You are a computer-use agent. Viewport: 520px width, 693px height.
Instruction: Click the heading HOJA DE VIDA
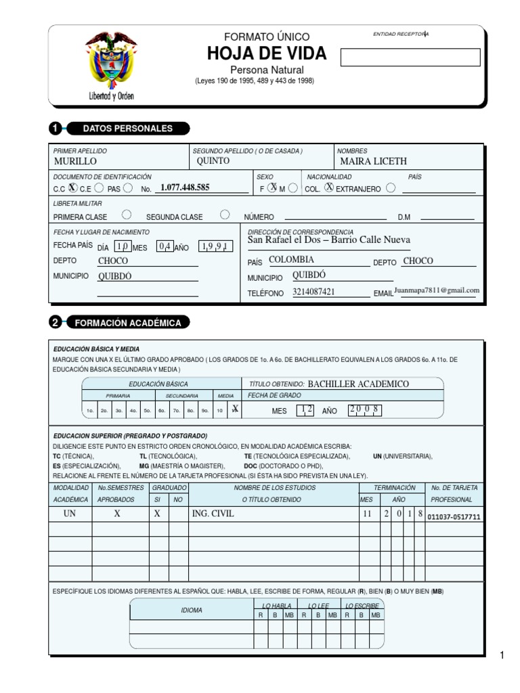(x=267, y=54)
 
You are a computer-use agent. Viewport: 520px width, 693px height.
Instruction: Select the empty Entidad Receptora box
(x=410, y=58)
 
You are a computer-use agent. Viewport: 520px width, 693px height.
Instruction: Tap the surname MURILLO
(x=75, y=162)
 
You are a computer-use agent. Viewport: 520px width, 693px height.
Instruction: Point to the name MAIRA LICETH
(x=374, y=162)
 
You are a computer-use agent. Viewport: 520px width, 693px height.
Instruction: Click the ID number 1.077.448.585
(x=185, y=187)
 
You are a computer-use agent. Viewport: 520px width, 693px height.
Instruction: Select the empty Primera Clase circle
(x=126, y=215)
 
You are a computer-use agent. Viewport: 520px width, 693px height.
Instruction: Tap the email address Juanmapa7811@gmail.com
(x=437, y=290)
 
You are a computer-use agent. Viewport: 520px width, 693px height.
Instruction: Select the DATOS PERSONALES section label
(x=127, y=129)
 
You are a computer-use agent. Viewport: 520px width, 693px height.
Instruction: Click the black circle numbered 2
(x=56, y=323)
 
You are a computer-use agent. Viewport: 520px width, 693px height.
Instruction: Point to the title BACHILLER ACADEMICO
(x=358, y=384)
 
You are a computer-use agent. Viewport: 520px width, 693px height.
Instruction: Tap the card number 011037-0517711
(x=454, y=517)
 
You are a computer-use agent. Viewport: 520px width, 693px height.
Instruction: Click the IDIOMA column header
(x=192, y=610)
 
